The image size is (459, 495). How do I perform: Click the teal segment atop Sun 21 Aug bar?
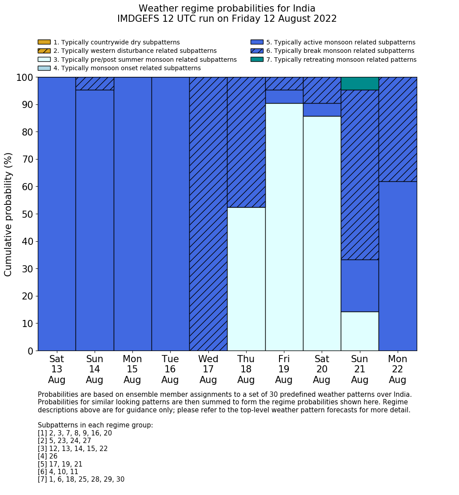click(x=359, y=84)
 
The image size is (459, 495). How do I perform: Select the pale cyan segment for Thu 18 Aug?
click(x=246, y=279)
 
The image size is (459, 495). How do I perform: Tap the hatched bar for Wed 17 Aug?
click(x=208, y=214)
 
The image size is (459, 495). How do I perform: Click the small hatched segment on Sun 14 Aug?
click(x=95, y=84)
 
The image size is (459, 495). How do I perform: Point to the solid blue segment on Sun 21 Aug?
click(x=359, y=286)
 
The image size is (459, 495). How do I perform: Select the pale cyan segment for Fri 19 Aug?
click(x=284, y=227)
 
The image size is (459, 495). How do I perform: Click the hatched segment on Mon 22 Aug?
click(x=398, y=129)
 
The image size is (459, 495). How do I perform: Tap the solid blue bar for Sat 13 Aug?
click(x=57, y=214)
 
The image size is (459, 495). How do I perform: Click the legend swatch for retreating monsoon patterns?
click(x=257, y=60)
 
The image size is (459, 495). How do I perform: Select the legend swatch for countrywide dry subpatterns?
click(x=44, y=42)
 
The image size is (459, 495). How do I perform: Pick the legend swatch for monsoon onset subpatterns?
click(x=44, y=68)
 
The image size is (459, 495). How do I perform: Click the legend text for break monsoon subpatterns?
click(x=340, y=51)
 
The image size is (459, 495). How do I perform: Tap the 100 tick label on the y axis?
click(x=25, y=78)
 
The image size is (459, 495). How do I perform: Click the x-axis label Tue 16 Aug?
click(x=170, y=369)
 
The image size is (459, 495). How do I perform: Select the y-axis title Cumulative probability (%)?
click(x=8, y=214)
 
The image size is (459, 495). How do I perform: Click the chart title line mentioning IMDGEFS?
click(x=227, y=19)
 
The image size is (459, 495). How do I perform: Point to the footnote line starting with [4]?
click(x=48, y=456)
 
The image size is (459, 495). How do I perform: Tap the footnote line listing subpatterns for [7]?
click(x=81, y=479)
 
